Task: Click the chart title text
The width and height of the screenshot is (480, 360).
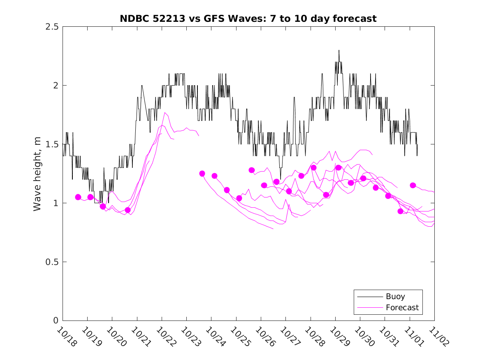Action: click(x=248, y=19)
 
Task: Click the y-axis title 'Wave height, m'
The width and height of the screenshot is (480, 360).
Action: click(x=37, y=174)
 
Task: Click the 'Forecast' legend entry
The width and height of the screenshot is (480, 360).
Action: click(x=402, y=307)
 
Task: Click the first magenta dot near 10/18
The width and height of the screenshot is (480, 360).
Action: click(x=78, y=197)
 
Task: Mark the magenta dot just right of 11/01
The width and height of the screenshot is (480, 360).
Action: click(x=413, y=185)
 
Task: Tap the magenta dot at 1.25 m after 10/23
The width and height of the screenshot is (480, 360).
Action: click(x=202, y=174)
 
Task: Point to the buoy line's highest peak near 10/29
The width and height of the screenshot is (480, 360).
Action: click(x=339, y=51)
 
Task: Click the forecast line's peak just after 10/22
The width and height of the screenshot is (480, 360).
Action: click(x=165, y=112)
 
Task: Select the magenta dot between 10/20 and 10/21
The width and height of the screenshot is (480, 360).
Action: click(x=128, y=210)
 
